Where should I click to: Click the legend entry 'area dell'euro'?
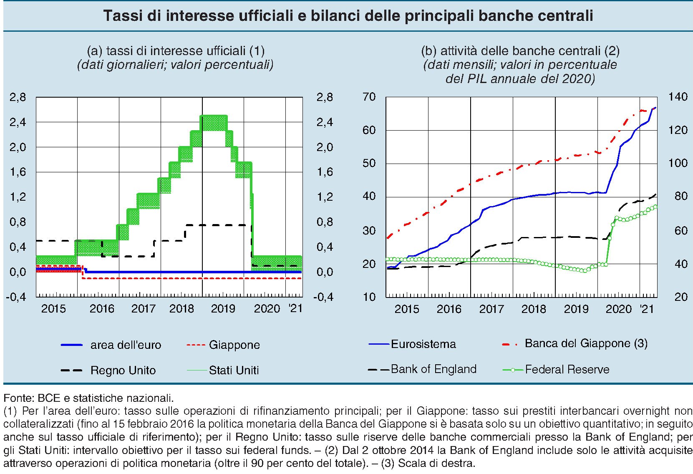pos(125,345)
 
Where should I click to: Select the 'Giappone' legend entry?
pos(234,345)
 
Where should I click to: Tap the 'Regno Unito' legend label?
pos(123,371)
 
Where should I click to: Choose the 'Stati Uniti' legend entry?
pos(234,371)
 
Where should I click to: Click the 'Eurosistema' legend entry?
pos(423,344)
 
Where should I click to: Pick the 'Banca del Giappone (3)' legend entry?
pos(586,343)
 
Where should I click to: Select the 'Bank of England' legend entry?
pos(433,369)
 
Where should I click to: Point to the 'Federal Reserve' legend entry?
pos(567,370)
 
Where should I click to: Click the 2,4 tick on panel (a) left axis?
pos(18,122)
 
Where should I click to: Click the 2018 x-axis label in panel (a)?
pos(181,309)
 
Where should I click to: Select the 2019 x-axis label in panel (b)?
pos(576,309)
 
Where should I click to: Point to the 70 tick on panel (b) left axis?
pos(369,97)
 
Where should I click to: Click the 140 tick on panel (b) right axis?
pos(678,97)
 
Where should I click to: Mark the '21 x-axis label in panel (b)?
pos(647,309)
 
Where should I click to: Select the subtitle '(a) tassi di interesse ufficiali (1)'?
pos(176,51)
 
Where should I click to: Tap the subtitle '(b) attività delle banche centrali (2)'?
pos(520,51)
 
